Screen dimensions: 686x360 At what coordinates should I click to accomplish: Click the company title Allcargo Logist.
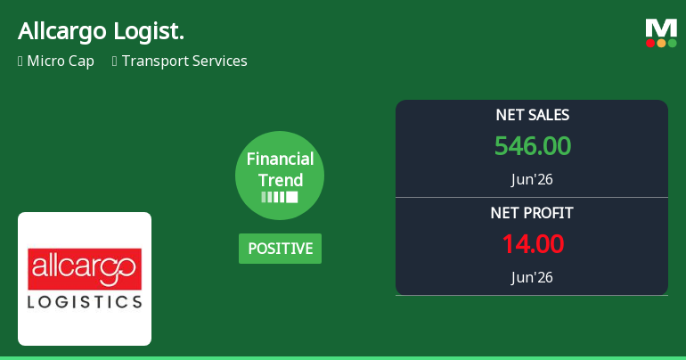click(101, 31)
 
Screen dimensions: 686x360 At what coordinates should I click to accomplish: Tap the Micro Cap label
click(61, 61)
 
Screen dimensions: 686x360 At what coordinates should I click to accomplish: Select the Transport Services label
click(184, 61)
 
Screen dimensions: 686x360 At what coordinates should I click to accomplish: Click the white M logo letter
click(661, 29)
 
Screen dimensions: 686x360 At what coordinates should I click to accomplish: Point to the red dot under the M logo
click(650, 43)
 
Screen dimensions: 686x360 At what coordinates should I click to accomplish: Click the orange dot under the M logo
click(661, 43)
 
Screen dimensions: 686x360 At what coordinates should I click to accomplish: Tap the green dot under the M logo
click(672, 43)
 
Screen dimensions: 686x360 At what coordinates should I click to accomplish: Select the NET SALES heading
click(533, 115)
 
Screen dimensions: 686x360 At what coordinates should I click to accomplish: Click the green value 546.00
click(533, 145)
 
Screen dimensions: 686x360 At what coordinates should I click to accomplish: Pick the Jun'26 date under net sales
click(532, 179)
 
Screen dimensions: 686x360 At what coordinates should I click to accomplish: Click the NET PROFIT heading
click(532, 213)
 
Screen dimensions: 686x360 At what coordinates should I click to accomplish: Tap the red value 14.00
click(533, 243)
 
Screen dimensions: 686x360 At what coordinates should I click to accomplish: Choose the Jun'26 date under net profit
click(532, 277)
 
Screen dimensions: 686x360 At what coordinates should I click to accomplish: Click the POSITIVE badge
click(280, 249)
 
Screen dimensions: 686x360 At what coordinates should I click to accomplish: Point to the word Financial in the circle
click(280, 159)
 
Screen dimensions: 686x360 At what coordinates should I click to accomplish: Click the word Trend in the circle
click(281, 180)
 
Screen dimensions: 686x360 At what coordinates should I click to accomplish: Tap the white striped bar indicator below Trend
click(280, 197)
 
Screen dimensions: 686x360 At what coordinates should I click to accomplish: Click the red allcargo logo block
click(85, 269)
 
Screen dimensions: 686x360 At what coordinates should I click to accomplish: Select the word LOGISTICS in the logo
click(85, 302)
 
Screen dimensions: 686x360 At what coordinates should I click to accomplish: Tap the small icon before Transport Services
click(115, 61)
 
